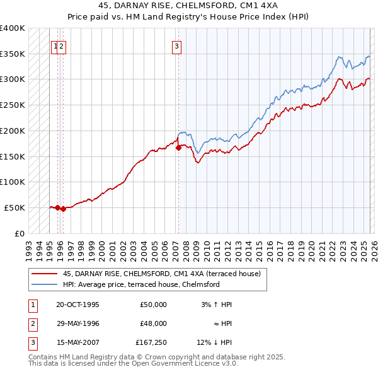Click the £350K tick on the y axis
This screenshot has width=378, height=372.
13,54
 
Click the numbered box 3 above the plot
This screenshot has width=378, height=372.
177,45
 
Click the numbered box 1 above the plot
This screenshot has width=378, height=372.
55,45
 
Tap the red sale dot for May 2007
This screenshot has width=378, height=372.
178,148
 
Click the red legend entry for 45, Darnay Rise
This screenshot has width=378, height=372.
164,274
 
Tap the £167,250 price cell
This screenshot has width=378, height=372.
151,342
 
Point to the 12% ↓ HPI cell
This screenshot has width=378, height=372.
214,342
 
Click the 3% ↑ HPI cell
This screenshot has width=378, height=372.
216,305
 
